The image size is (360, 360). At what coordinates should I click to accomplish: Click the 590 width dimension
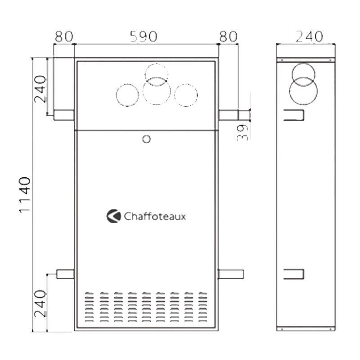[144, 36]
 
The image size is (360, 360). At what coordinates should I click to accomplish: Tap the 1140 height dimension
[25, 195]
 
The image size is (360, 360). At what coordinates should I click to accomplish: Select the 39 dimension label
[243, 132]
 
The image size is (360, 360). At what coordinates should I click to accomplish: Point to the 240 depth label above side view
[309, 36]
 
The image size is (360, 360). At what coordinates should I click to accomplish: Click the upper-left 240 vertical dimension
[40, 89]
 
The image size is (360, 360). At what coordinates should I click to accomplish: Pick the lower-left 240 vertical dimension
[40, 303]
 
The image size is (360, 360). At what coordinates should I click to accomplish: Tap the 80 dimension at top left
[64, 36]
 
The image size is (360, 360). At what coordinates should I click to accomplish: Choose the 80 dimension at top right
[228, 36]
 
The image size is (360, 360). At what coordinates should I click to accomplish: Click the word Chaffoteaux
[155, 216]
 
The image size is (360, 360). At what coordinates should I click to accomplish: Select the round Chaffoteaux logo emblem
[114, 216]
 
